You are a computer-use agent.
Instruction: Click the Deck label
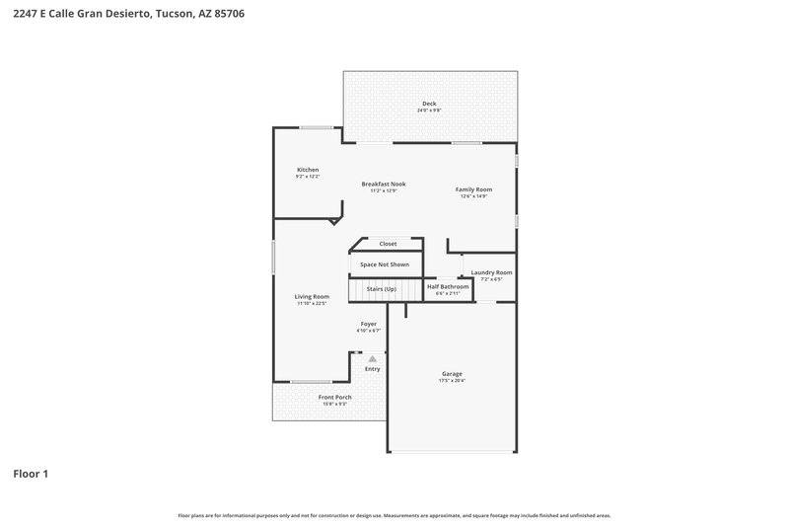tap(429, 104)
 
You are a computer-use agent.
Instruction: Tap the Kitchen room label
tap(308, 170)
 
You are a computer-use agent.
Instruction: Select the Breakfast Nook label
tap(384, 184)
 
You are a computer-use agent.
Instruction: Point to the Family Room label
tap(473, 189)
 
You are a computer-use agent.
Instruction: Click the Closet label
tap(388, 244)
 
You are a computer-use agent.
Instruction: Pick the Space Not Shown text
tap(384, 264)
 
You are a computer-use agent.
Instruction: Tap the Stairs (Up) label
tap(381, 288)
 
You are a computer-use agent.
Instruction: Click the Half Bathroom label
tap(448, 286)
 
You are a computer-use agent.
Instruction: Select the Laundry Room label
tap(491, 272)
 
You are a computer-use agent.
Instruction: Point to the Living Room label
tap(312, 296)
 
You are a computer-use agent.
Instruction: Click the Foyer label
tap(369, 324)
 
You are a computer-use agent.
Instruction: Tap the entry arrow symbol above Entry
tap(372, 359)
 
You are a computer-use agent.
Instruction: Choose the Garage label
tap(452, 374)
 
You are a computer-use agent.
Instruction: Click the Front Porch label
tap(334, 397)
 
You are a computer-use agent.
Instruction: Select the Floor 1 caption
tap(31, 474)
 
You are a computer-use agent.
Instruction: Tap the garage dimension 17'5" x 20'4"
tap(452, 381)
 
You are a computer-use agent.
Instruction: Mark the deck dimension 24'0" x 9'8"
tap(429, 111)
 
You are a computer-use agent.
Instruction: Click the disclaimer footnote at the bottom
tap(394, 515)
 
